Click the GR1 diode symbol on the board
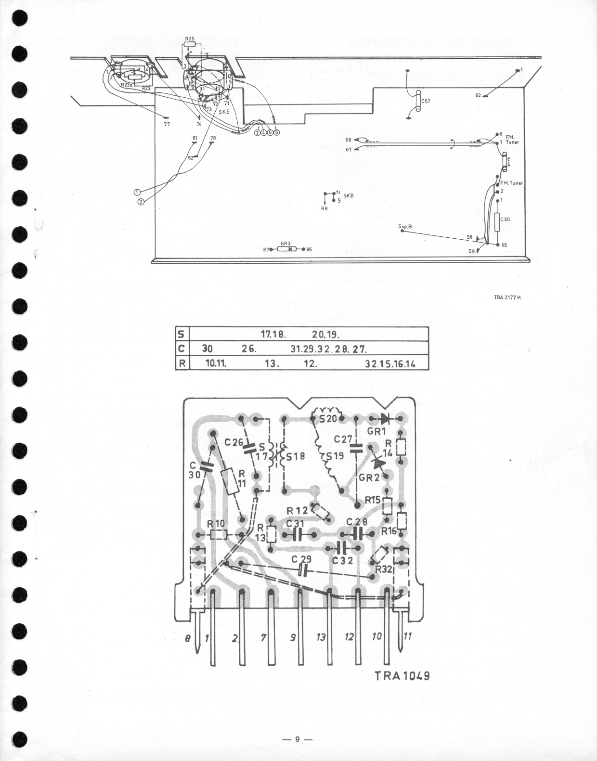385,418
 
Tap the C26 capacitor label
234,441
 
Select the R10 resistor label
215,523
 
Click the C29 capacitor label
301,559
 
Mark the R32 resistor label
383,568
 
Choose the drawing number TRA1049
402,675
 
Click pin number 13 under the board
321,637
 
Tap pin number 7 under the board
263,637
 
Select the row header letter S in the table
182,334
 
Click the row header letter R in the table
182,363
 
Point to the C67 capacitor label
426,101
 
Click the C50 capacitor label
505,219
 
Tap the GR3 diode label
286,244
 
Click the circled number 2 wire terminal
141,202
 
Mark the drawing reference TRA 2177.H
507,297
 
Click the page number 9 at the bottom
298,739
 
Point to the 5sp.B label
405,226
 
